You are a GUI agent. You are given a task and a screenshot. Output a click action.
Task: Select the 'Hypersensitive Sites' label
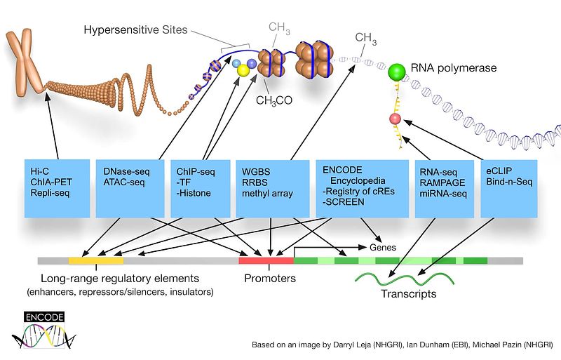137,30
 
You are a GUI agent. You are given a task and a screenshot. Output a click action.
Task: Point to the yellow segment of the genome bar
96,260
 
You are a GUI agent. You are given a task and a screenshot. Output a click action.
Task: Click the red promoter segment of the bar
266,260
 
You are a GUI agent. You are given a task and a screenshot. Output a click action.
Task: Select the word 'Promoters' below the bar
270,279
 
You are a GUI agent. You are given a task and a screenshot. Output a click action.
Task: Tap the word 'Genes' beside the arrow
382,247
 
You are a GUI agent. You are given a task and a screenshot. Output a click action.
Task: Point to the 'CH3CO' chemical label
275,100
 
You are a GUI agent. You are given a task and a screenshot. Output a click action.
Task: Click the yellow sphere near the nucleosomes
244,72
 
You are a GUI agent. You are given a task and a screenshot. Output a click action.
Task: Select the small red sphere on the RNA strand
395,120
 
